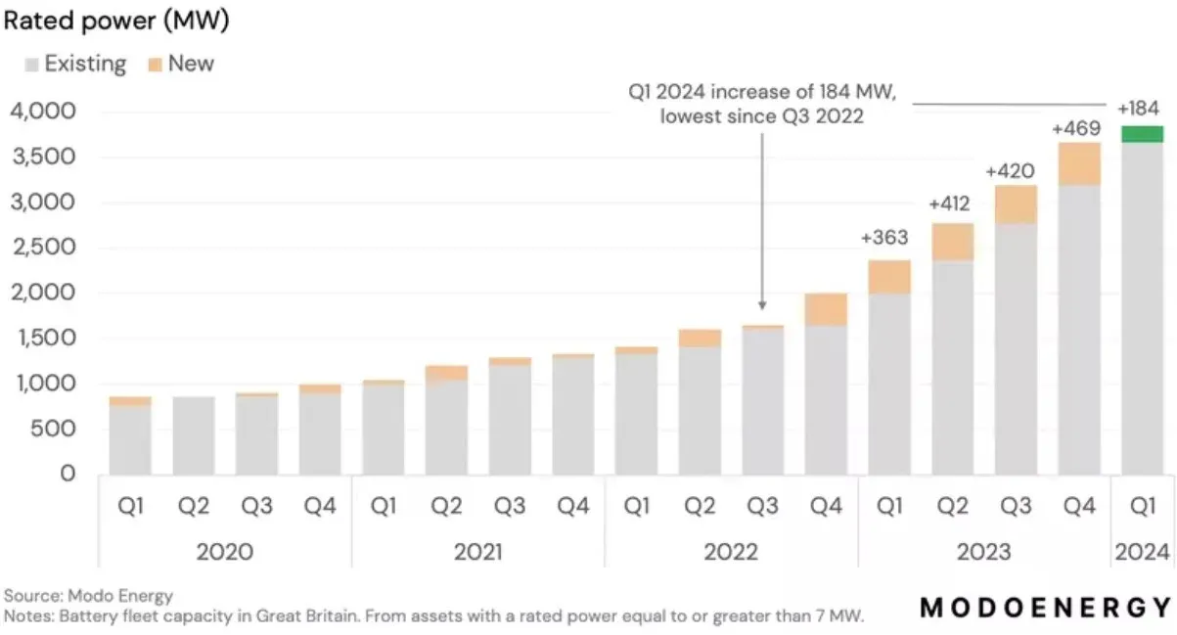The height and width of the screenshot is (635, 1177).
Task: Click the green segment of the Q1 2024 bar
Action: point(1142,134)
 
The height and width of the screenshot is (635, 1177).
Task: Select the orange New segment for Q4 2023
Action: point(1079,163)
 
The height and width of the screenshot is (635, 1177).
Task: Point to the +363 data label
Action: point(885,238)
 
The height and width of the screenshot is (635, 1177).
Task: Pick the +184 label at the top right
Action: point(1140,107)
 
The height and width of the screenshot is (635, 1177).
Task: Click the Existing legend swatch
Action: point(30,65)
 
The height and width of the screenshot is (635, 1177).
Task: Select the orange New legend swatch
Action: point(155,65)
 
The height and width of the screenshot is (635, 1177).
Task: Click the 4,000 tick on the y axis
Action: point(42,112)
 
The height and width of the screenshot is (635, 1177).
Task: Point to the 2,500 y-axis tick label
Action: point(42,248)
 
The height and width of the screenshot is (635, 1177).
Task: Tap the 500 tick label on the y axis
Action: point(56,429)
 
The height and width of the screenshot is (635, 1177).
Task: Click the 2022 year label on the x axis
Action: point(731,552)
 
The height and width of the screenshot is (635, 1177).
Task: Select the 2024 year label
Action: point(1142,552)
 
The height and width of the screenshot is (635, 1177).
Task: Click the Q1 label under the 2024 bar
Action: point(1142,506)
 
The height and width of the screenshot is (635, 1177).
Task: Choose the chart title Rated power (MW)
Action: point(116,22)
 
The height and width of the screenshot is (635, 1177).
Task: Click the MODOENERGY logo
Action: point(1046,608)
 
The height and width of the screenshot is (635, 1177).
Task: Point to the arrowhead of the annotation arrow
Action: point(762,311)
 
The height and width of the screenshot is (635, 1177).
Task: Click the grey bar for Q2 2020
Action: point(194,434)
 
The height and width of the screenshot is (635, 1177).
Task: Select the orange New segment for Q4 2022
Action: point(826,309)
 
